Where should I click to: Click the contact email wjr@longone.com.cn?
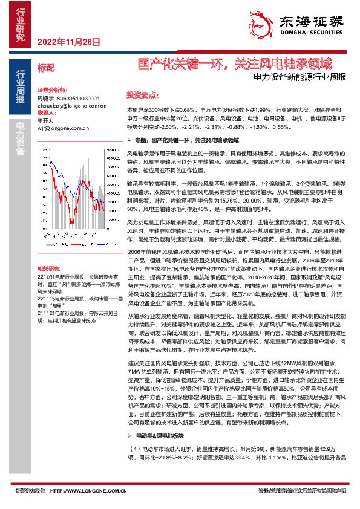tap(58, 128)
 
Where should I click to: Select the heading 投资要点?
tap(142, 95)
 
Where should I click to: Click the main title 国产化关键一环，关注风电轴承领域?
tap(235, 63)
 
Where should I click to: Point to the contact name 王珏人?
tap(46, 120)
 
